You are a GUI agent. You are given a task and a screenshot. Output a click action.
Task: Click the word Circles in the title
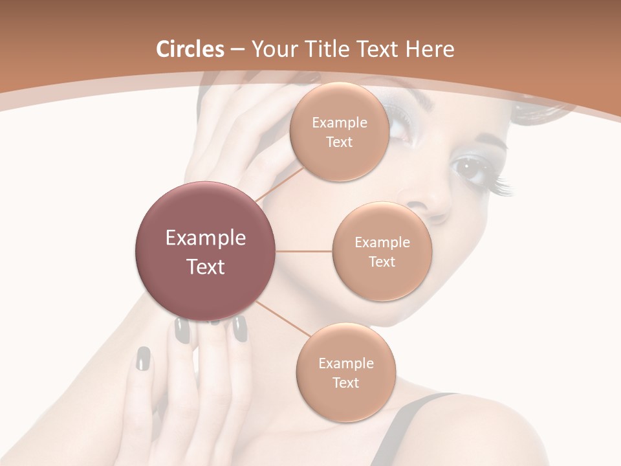coord(190,49)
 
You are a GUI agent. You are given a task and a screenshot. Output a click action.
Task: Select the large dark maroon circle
coord(206,251)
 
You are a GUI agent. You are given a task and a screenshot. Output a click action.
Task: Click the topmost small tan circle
coord(339,131)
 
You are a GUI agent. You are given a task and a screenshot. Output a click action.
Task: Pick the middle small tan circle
coord(382,251)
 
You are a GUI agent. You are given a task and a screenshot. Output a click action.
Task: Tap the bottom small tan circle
coord(345,372)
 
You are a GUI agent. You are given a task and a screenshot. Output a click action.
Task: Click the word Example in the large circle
coord(206,238)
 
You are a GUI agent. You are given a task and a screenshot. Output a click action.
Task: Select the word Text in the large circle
coord(206,267)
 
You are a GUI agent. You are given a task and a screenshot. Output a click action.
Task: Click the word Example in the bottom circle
coord(345,363)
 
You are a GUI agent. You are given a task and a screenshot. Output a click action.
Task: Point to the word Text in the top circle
coord(339,142)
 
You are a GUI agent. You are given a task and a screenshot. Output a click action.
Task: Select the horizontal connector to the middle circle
coord(304,251)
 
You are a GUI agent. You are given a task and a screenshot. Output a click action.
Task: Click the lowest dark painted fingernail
coord(143,358)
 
